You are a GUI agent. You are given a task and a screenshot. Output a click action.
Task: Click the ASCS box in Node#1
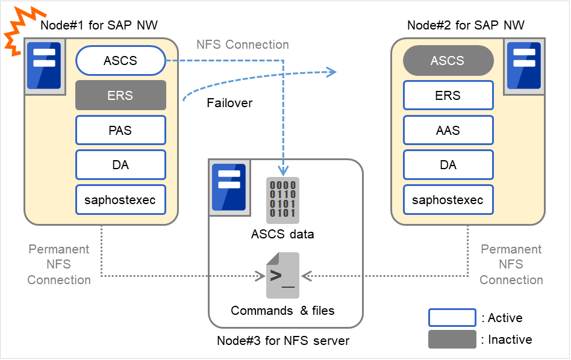point(120,61)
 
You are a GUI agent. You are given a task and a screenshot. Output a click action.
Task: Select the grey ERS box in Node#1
point(120,95)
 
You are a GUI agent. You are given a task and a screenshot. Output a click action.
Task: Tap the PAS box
point(120,130)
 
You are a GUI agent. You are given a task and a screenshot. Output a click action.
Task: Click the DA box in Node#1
point(120,165)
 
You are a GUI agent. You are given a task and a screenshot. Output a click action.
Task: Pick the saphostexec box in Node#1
point(120,200)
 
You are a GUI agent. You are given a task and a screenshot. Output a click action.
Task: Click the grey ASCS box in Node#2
point(448,61)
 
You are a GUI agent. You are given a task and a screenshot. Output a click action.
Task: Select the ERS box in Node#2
point(448,95)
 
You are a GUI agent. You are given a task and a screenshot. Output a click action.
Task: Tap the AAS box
point(448,130)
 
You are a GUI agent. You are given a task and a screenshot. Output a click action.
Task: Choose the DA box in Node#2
point(448,165)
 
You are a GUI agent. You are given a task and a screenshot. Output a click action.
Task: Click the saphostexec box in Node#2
point(448,200)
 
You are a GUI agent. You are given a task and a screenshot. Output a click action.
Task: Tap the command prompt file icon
point(282,276)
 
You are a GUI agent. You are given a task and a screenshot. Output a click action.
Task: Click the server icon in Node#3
point(229,187)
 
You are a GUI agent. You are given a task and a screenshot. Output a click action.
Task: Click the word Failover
point(229,103)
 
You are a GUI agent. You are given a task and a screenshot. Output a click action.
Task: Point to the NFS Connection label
point(243,45)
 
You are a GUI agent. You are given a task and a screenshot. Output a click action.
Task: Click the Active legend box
point(452,318)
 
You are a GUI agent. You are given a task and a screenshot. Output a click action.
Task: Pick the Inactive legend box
point(452,340)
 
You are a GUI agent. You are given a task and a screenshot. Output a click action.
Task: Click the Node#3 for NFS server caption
point(283,341)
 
